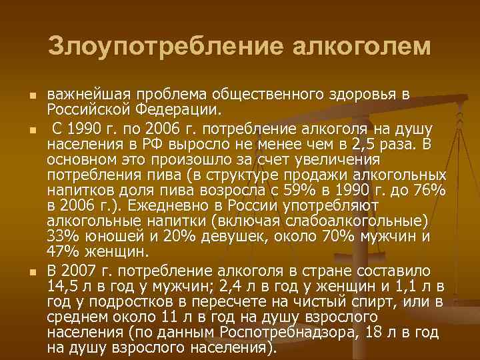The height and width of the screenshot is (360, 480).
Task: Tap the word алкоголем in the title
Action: coord(360,47)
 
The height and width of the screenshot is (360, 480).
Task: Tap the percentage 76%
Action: coord(427,191)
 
